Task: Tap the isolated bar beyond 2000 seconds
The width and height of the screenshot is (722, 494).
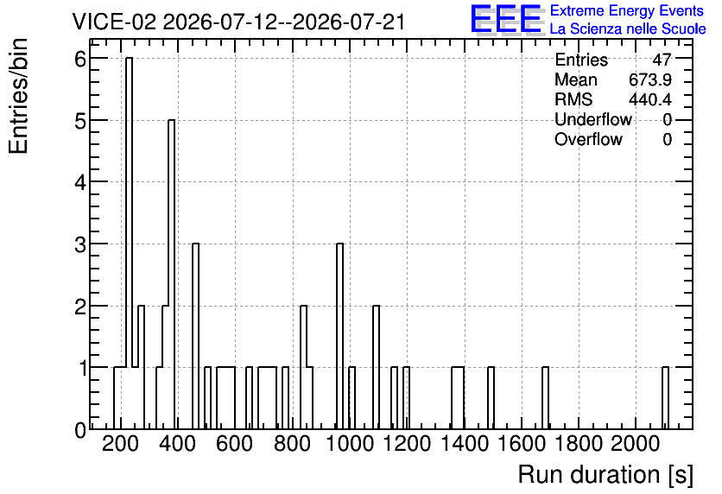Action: (665, 398)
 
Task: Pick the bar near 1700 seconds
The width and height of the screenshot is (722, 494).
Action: (545, 398)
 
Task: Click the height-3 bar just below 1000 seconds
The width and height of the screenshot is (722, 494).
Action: (339, 336)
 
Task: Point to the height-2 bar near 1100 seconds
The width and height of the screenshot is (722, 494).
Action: (377, 367)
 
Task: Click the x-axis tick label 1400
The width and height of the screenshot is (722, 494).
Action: (465, 444)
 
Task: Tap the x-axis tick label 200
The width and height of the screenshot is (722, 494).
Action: (120, 444)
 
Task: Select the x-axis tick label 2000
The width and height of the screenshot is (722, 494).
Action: (636, 444)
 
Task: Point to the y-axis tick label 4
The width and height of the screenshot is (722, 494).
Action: (80, 183)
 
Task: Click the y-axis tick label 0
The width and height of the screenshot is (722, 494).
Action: (80, 430)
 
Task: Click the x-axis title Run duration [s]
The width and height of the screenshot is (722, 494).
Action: (605, 474)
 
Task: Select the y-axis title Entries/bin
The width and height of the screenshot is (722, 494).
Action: (18, 97)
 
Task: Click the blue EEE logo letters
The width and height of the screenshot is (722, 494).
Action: (506, 20)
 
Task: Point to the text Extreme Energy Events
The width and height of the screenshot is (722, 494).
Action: (627, 10)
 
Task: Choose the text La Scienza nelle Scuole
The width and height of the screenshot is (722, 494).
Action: (628, 29)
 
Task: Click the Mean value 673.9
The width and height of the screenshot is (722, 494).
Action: (650, 79)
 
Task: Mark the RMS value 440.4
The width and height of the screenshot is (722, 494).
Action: (650, 99)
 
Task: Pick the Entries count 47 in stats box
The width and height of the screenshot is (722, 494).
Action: (662, 60)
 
